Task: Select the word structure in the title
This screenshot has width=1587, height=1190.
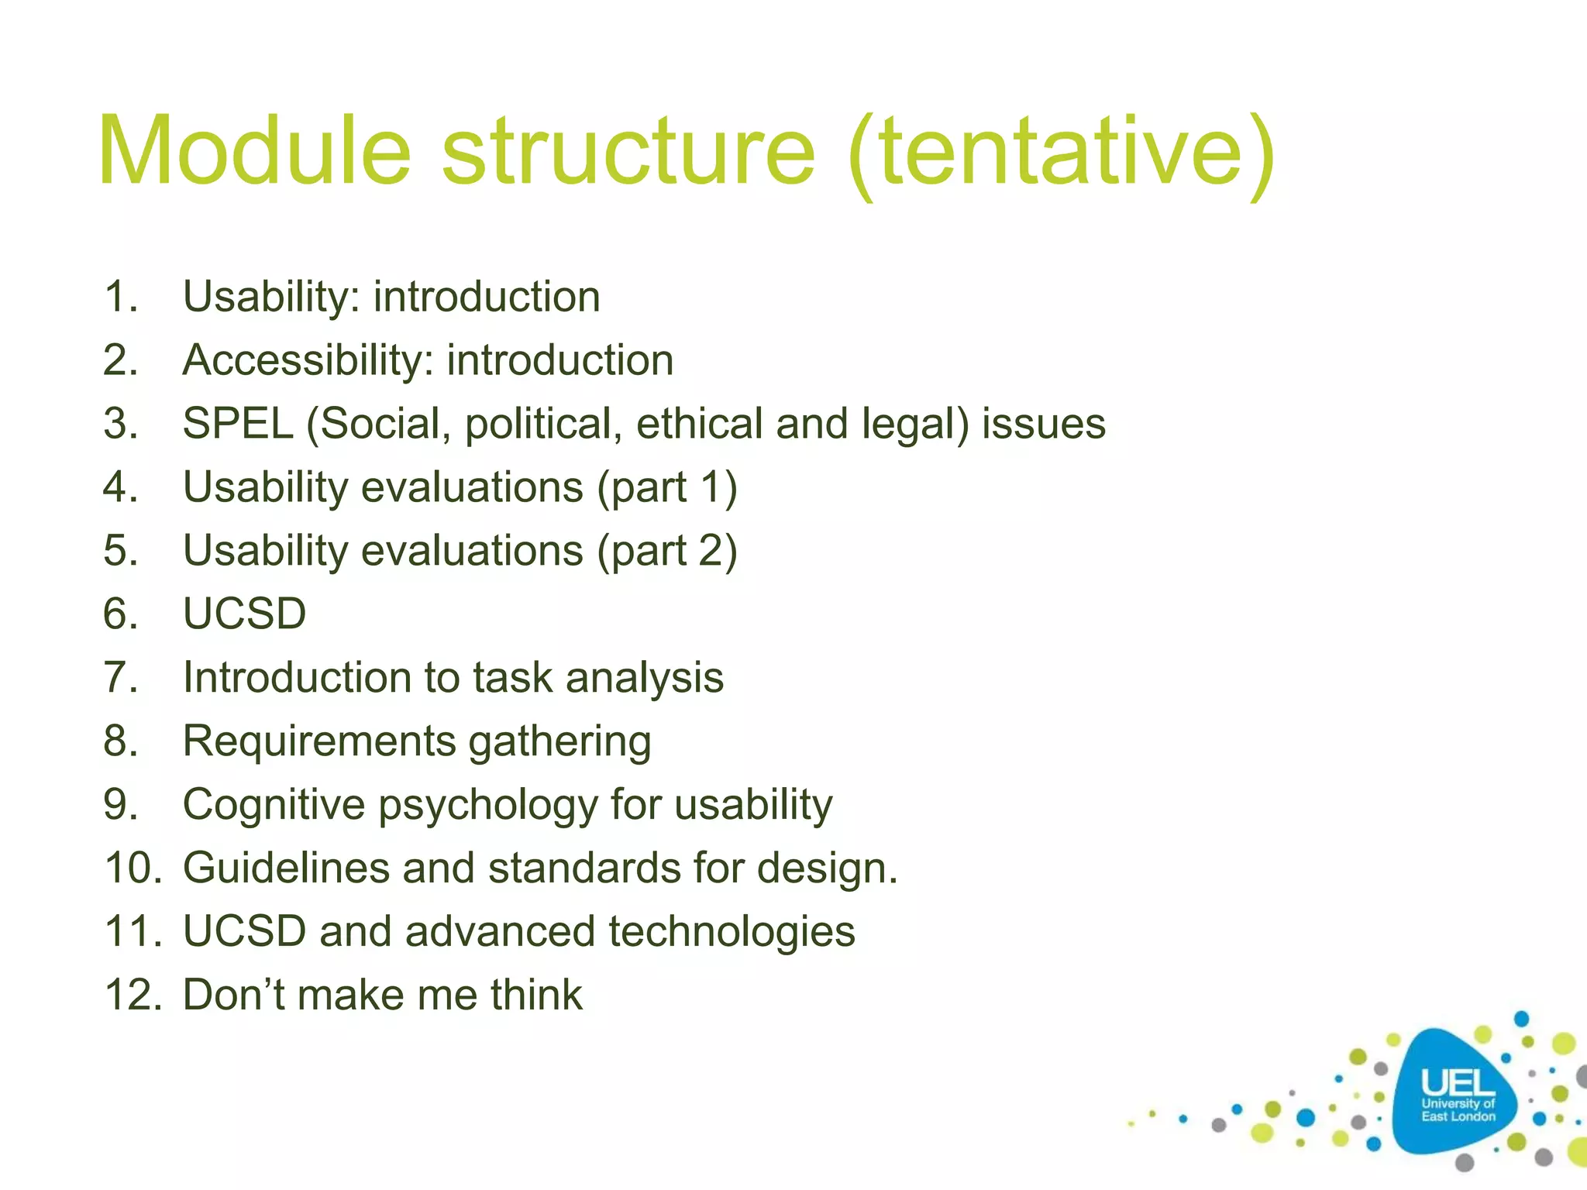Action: (628, 151)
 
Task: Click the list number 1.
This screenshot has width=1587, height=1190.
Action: (120, 297)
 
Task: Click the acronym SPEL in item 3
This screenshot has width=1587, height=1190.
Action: (237, 425)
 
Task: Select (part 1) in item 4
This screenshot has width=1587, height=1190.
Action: (666, 488)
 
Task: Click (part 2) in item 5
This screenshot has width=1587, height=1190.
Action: (666, 552)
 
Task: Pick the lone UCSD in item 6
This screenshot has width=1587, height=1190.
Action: (244, 614)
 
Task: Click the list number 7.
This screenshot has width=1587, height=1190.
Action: (120, 678)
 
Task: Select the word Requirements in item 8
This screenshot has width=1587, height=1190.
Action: (319, 741)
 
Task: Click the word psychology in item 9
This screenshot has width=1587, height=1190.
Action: (488, 805)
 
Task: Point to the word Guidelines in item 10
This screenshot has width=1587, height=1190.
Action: (285, 868)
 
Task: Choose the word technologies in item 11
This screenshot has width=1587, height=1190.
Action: (732, 932)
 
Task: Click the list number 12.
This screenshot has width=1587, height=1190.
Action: (132, 996)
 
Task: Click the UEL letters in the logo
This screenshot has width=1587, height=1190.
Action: (1458, 1083)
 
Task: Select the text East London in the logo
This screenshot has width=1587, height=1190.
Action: (1458, 1117)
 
